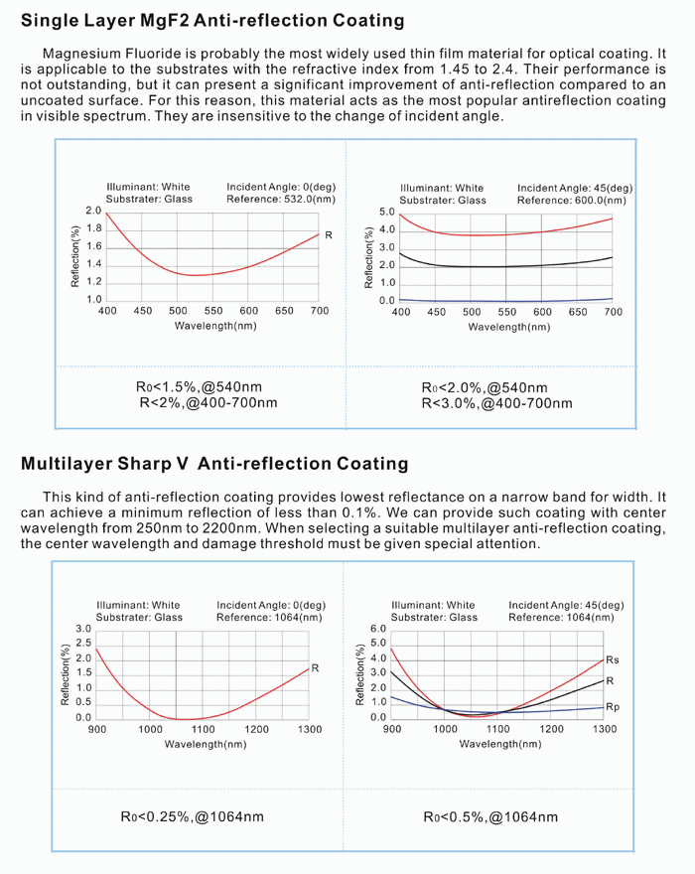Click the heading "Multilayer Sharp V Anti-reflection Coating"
[x=214, y=463]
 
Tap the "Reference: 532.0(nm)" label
[x=281, y=200]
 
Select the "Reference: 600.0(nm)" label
[x=573, y=200]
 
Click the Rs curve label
[x=612, y=660]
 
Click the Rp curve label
[x=612, y=707]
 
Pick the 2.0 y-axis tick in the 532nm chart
[x=93, y=212]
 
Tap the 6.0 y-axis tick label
[x=378, y=629]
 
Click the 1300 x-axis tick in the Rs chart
[x=604, y=729]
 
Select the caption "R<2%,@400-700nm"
[x=208, y=403]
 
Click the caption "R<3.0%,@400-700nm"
[x=496, y=403]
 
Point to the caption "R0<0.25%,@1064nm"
[x=193, y=816]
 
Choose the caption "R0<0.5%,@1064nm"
[x=490, y=816]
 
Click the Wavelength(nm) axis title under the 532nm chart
[x=214, y=325]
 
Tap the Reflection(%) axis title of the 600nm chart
[x=369, y=257]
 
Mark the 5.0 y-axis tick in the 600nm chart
[x=387, y=212]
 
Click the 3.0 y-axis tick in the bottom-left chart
[x=84, y=629]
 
